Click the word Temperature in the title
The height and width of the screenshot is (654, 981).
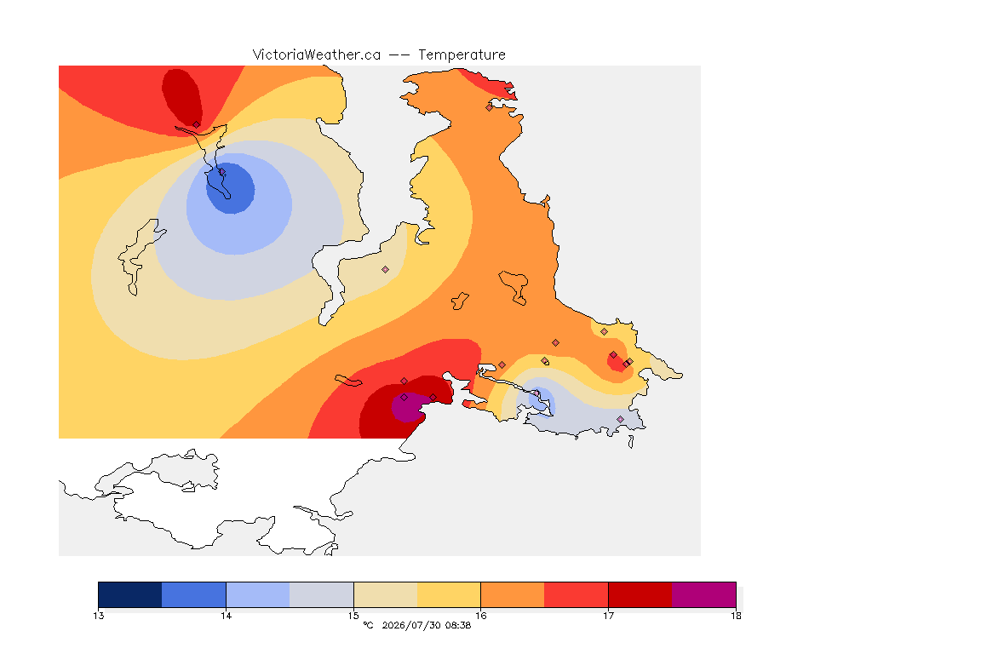(462, 55)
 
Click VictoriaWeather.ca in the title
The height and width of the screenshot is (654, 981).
(317, 55)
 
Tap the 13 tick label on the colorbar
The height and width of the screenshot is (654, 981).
(98, 616)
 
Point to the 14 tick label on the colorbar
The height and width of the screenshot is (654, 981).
(226, 616)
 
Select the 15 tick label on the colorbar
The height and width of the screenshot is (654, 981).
(353, 616)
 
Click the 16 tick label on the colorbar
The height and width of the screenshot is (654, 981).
(480, 616)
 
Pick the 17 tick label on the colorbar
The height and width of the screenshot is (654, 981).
(608, 616)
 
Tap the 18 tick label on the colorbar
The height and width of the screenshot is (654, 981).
(736, 616)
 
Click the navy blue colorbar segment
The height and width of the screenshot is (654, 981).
(130, 594)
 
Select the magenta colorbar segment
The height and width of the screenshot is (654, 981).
(704, 594)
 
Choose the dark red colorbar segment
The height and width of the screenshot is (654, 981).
(640, 594)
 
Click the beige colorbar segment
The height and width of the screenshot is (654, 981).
(386, 594)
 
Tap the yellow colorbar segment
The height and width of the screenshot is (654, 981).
(449, 594)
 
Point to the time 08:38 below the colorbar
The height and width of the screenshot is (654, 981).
(458, 625)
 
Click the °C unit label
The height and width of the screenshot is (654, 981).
(368, 625)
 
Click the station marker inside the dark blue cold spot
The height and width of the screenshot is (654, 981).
(221, 171)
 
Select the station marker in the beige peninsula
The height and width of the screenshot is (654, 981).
(386, 270)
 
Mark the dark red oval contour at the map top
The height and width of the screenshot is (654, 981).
(181, 97)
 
